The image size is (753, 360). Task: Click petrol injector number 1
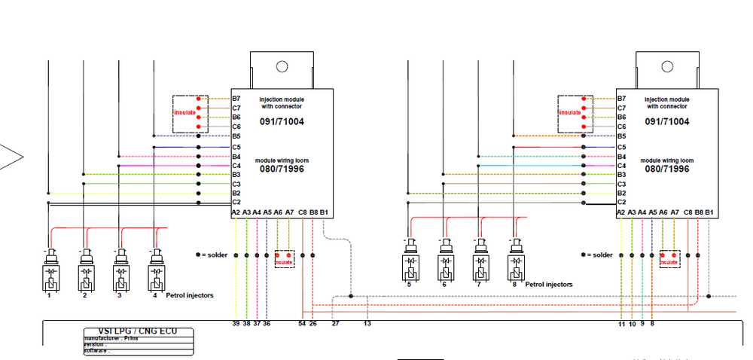[x=49, y=271]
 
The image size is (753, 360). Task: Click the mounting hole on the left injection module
[x=282, y=66]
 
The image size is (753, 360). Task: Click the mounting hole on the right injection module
[x=668, y=66]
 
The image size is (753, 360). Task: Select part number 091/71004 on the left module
[x=282, y=121]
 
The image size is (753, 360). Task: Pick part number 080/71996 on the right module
[x=667, y=169]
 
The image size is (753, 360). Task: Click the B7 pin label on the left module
[x=236, y=99]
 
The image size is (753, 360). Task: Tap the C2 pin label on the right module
[x=621, y=203]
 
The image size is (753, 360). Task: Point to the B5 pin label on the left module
[x=236, y=136]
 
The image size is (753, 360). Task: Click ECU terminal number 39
[x=236, y=323]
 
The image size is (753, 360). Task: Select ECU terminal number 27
[x=335, y=323]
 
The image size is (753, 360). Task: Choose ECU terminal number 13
[x=367, y=323]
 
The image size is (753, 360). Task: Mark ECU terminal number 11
[x=622, y=323]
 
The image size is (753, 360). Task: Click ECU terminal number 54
[x=302, y=323]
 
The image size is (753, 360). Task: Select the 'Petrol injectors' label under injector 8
[x=549, y=285]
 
